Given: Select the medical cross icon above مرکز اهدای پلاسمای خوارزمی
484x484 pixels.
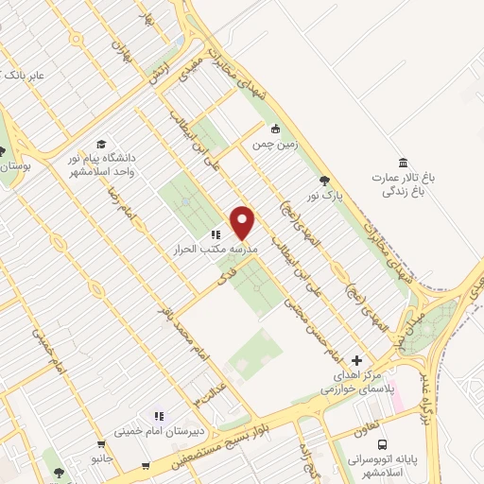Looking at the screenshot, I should (356, 360).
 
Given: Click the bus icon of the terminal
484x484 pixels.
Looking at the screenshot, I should (383, 443).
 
